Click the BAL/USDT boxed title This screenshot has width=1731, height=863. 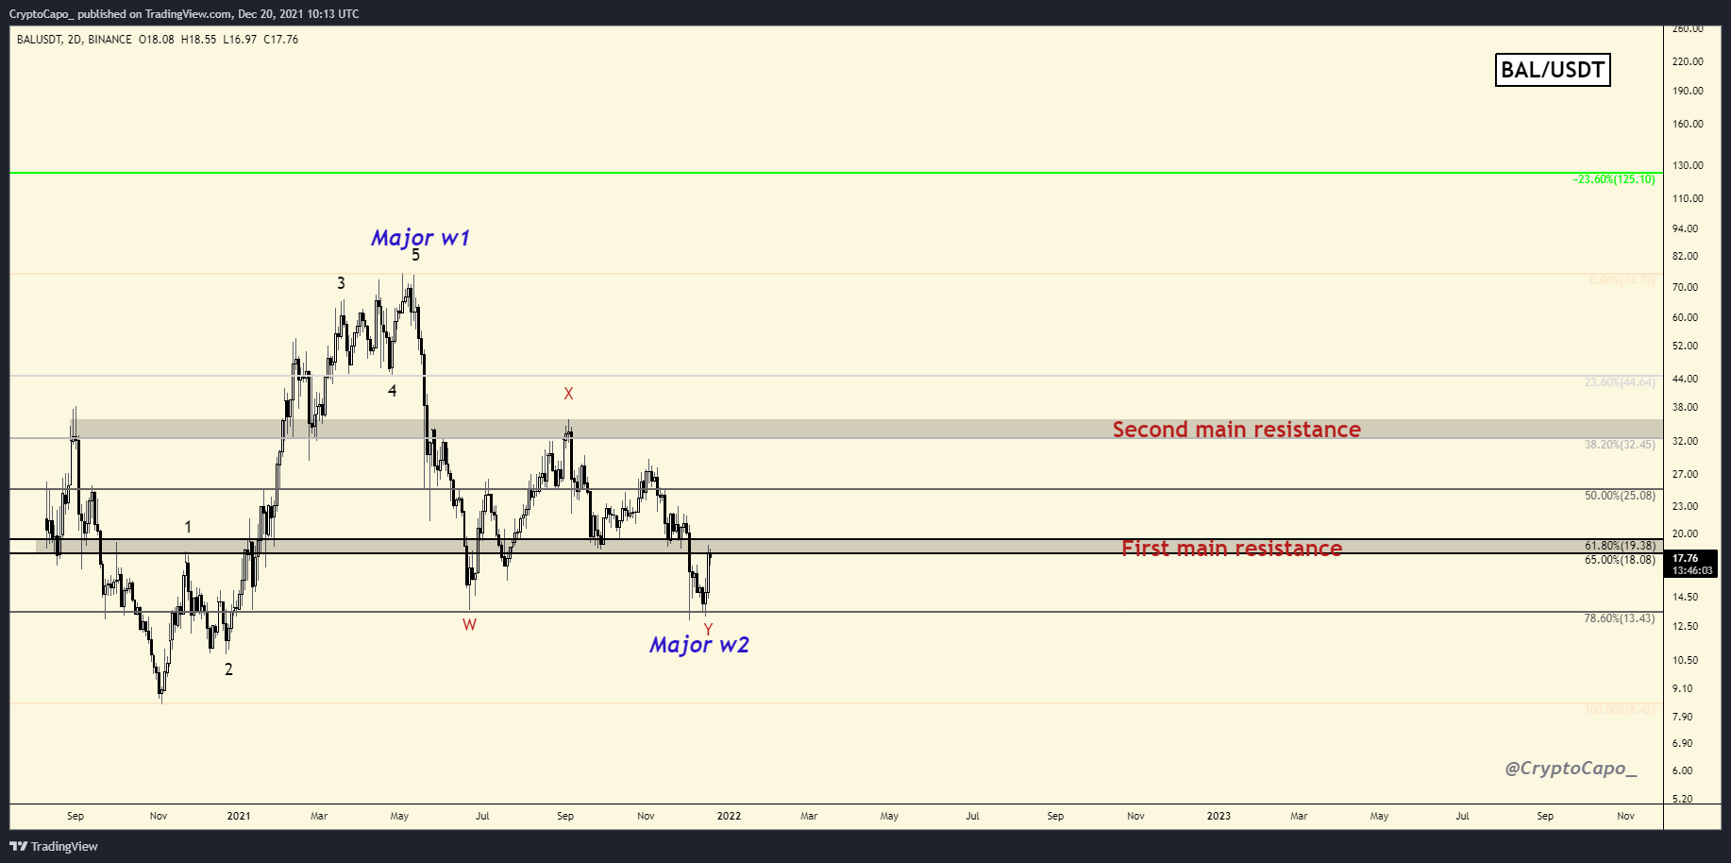pyautogui.click(x=1553, y=70)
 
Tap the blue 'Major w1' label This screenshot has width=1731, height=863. pyautogui.click(x=420, y=238)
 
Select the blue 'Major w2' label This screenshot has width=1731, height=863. pyautogui.click(x=698, y=645)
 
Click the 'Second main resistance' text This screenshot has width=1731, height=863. pyautogui.click(x=1236, y=430)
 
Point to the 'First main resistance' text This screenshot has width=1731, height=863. pyautogui.click(x=1232, y=548)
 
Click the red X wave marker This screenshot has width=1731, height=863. pyautogui.click(x=568, y=394)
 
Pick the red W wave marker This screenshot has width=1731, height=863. pyautogui.click(x=469, y=624)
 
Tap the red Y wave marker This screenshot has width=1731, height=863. pyautogui.click(x=708, y=629)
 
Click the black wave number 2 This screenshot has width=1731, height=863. pyautogui.click(x=228, y=669)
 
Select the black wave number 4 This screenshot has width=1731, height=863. pyautogui.click(x=393, y=391)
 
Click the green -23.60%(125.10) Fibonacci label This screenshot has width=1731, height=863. pyautogui.click(x=1614, y=179)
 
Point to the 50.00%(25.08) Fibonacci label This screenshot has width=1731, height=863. pyautogui.click(x=1620, y=496)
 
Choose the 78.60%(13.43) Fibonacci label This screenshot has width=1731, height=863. pyautogui.click(x=1620, y=618)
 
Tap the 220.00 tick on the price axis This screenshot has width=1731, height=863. pyautogui.click(x=1688, y=61)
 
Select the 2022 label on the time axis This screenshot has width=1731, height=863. pyautogui.click(x=729, y=816)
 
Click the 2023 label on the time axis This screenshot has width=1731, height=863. pyautogui.click(x=1218, y=816)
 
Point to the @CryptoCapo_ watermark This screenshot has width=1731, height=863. pyautogui.click(x=1571, y=769)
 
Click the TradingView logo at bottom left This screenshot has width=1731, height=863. pyautogui.click(x=54, y=846)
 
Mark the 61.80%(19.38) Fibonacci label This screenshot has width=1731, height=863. pyautogui.click(x=1620, y=546)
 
